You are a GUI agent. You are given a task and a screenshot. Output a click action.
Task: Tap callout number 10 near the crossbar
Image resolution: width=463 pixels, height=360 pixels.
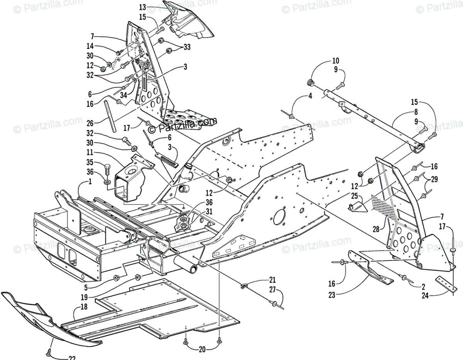335,60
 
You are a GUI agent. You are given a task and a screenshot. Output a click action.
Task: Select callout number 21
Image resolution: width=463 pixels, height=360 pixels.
272,280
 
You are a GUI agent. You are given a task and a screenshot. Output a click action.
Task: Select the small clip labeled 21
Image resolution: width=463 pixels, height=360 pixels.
244,286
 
